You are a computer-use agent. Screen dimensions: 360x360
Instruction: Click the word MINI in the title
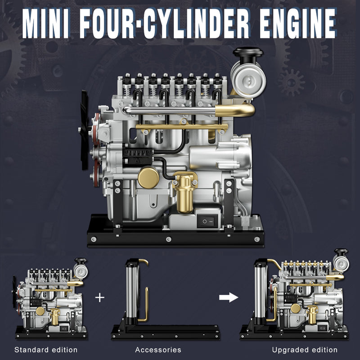tap(46, 22)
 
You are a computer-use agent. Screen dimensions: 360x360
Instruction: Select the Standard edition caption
tap(46, 350)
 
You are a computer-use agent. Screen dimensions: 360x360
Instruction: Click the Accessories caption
tap(158, 350)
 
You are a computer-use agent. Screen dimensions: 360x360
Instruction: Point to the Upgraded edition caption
tap(305, 350)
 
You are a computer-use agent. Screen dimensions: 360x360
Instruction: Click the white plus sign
tap(100, 297)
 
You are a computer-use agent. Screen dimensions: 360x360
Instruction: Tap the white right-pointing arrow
tap(228, 297)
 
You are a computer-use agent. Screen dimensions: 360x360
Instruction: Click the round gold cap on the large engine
tap(148, 177)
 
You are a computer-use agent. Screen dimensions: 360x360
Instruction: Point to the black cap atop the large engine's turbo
tap(247, 53)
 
